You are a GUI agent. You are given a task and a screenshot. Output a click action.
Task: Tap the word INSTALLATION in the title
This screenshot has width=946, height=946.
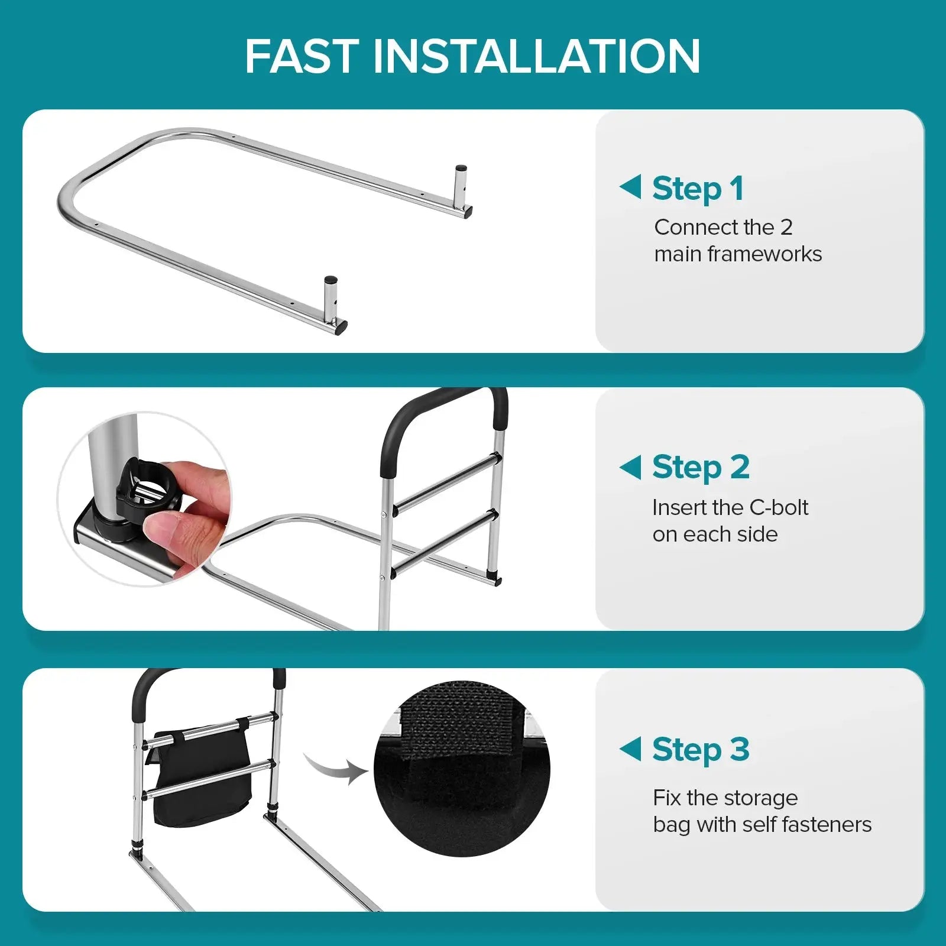[x=536, y=57]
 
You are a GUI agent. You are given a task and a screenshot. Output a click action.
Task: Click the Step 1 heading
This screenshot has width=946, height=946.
[x=698, y=189]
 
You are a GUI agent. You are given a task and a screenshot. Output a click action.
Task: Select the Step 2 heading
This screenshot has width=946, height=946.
[x=701, y=467]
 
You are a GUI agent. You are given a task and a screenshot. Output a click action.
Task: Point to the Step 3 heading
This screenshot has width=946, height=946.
[x=701, y=750]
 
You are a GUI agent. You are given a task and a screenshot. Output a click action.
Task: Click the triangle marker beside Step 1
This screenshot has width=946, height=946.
[x=630, y=187]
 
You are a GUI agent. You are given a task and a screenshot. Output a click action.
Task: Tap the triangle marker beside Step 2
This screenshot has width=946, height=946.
[x=630, y=467]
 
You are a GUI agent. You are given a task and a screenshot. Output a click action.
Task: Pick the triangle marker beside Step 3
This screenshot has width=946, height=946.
[x=630, y=749]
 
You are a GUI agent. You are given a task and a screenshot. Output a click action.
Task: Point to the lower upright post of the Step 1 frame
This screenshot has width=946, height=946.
[x=329, y=299]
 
